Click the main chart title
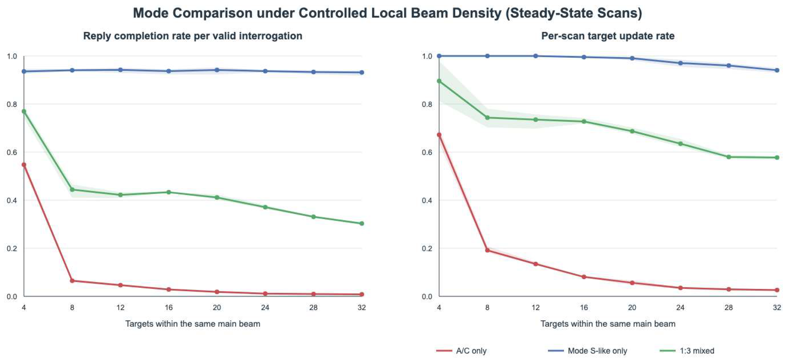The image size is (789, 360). [x=387, y=13]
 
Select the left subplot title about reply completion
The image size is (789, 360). [x=193, y=36]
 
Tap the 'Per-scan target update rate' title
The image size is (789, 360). [x=608, y=36]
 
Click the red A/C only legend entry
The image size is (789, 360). [x=461, y=351]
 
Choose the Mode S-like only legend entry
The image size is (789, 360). [x=587, y=351]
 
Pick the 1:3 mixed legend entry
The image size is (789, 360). [x=687, y=351]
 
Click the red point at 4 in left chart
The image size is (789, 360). [x=24, y=165]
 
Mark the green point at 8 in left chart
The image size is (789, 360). [x=72, y=189]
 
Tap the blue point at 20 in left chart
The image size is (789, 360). [x=217, y=70]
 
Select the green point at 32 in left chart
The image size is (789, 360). [x=362, y=224]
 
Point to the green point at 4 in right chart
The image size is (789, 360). [x=439, y=81]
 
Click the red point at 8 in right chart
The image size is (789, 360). [x=487, y=250]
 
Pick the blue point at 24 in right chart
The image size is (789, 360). [x=681, y=63]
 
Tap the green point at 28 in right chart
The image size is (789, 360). [x=729, y=157]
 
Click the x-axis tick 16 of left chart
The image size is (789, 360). [x=168, y=307]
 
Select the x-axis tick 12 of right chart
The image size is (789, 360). [x=535, y=307]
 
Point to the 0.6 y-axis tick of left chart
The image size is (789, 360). [x=12, y=152]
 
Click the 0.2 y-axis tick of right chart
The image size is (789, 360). [x=427, y=248]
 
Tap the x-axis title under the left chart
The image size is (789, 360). [x=193, y=324]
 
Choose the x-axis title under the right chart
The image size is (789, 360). [x=608, y=324]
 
